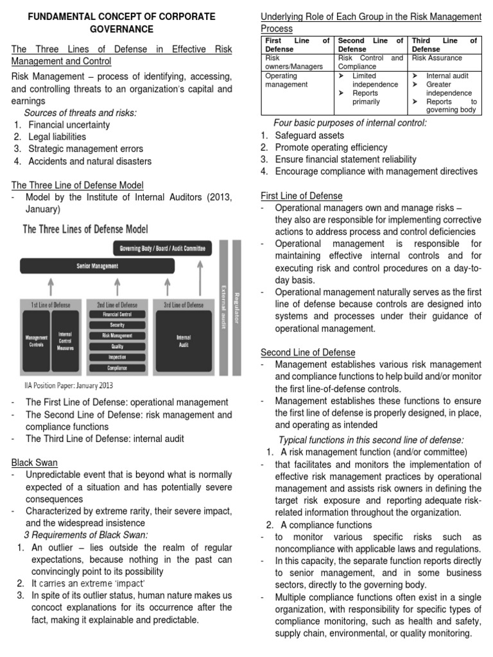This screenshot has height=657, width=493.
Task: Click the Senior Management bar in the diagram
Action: coord(116,266)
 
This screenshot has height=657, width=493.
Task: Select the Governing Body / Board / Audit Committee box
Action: coord(163,248)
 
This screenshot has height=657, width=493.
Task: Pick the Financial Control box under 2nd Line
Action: coord(116,315)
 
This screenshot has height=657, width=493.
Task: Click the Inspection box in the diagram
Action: coord(116,357)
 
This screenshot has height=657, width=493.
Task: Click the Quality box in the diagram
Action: coord(116,346)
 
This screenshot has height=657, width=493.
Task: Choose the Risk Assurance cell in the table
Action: coord(437,58)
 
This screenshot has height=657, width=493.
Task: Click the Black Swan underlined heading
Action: coord(34,462)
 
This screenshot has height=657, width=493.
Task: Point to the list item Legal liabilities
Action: coord(56,137)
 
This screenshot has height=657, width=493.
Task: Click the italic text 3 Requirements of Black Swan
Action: coord(86,535)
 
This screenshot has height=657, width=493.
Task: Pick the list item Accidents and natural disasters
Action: coord(90,161)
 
